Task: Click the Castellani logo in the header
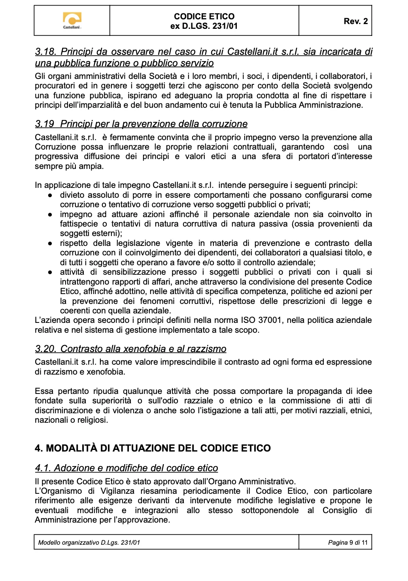click(72, 20)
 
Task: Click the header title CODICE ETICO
click(204, 16)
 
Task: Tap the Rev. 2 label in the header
click(355, 21)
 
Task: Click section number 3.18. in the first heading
click(46, 52)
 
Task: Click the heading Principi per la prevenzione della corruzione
click(153, 124)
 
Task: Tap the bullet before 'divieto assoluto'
click(51, 195)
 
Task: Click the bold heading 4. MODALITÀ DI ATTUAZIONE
click(153, 448)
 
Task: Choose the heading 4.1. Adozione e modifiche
click(127, 468)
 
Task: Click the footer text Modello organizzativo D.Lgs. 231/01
click(89, 542)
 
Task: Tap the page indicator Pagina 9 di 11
click(348, 542)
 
